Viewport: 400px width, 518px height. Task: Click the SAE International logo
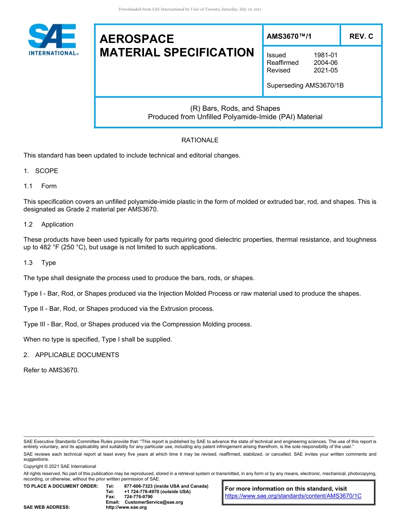[53, 39]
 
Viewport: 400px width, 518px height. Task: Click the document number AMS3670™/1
[289, 37]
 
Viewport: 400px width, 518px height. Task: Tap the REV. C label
[361, 37]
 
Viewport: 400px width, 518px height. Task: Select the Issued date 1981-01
[325, 55]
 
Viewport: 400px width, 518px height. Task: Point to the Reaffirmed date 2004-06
[325, 63]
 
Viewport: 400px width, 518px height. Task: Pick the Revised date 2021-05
[325, 70]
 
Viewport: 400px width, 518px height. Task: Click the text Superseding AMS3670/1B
[305, 85]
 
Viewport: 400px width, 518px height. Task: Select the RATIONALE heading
[200, 140]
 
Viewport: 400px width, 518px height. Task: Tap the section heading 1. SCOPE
[41, 171]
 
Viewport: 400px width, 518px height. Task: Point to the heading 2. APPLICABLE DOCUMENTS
[71, 355]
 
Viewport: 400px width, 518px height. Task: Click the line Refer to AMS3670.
[51, 370]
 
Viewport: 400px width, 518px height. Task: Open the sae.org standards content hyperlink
[293, 496]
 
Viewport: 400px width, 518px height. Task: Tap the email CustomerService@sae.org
[154, 502]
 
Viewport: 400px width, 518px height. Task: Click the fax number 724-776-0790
[138, 497]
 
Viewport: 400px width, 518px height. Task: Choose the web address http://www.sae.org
[126, 507]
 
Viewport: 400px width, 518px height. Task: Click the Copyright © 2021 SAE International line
[60, 466]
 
